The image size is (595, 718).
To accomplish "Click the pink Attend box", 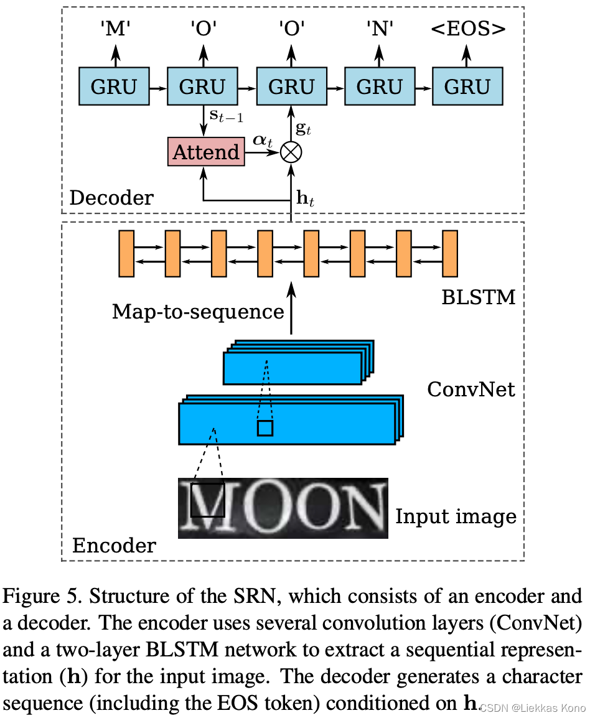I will click(x=206, y=152).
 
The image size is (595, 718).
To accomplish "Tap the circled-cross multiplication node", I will click(x=291, y=152).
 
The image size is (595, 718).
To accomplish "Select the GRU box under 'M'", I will click(x=113, y=86).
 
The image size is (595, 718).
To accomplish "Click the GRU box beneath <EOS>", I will click(x=467, y=86).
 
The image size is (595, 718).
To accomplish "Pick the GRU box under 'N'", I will click(x=380, y=86).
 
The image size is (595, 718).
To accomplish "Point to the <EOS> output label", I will click(x=468, y=29).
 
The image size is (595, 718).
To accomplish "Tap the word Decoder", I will click(x=111, y=198).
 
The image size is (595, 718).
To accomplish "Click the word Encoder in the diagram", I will click(x=115, y=545).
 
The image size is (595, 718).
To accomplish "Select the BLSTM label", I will click(x=479, y=297).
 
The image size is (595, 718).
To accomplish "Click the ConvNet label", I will click(x=471, y=389).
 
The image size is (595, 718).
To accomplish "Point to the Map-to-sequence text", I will click(x=198, y=311).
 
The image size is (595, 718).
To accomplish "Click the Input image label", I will click(x=456, y=516).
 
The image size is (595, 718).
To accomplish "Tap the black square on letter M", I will click(x=207, y=500).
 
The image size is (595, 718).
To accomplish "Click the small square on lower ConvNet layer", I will click(x=265, y=428).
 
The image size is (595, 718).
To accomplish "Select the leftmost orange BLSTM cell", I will click(x=126, y=253).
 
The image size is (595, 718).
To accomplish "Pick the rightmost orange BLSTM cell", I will click(x=450, y=253).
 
